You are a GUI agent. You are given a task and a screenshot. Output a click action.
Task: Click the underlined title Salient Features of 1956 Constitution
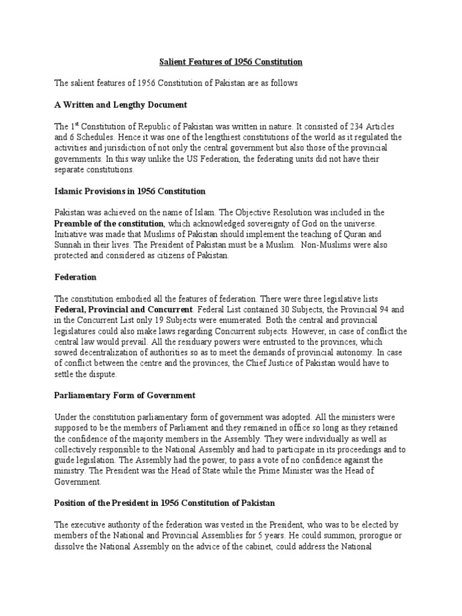click(230, 62)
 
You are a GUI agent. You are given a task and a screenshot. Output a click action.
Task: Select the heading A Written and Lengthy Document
click(121, 105)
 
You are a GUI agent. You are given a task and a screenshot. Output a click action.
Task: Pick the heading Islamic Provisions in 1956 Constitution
click(130, 191)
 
